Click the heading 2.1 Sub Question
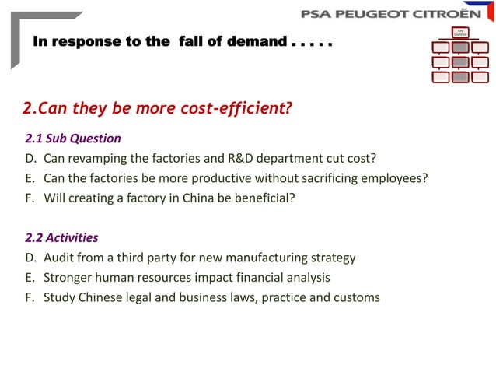[73, 139]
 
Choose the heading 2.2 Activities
[61, 237]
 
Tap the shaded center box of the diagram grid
[460, 61]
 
